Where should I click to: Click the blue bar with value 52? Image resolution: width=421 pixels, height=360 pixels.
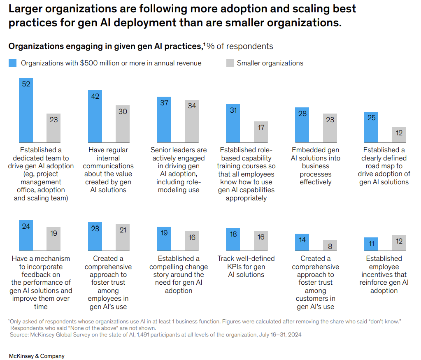click(26, 110)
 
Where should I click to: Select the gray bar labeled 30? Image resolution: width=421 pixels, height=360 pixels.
click(123, 124)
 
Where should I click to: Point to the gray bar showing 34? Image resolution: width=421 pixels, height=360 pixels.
click(192, 121)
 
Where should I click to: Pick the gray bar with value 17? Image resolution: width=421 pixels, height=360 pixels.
click(261, 132)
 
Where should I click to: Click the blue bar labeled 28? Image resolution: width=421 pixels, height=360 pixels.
click(302, 125)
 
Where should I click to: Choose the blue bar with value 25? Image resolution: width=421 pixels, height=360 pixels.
click(371, 127)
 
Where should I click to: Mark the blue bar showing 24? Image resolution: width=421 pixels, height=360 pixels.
click(26, 235)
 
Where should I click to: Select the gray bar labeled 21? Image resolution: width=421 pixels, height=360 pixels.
click(123, 237)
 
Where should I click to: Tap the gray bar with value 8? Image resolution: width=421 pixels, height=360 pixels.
click(330, 245)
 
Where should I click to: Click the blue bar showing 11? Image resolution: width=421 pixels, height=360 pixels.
click(371, 244)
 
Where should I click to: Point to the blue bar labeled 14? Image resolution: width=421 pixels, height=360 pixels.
click(302, 242)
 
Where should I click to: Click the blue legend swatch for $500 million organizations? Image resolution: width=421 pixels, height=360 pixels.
click(13, 63)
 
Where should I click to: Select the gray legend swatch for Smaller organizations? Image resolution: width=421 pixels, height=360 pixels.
click(230, 63)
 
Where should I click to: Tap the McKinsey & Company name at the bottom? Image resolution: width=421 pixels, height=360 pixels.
click(37, 356)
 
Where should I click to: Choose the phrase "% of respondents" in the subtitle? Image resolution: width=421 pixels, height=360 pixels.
click(240, 46)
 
